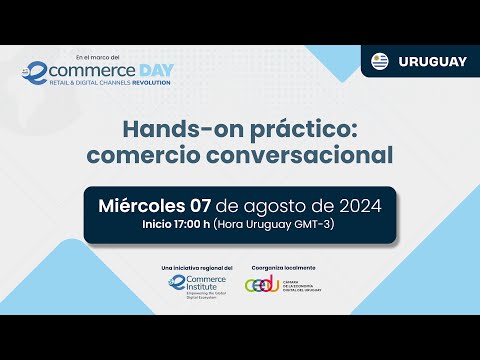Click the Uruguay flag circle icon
pos(380,61)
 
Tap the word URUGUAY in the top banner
pos(432,61)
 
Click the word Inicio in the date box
pos(161,224)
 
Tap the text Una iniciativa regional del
pos(197,268)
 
